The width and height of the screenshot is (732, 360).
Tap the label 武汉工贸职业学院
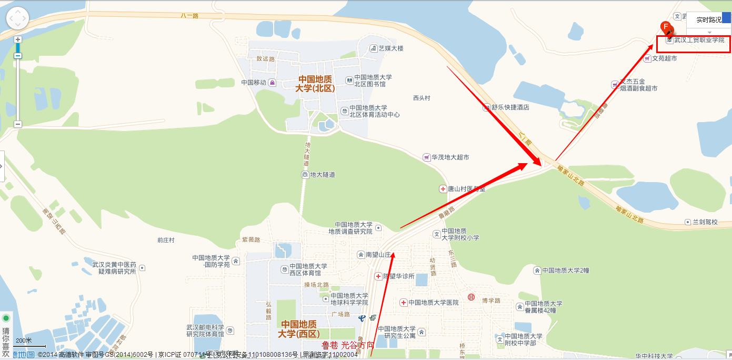click(x=699, y=40)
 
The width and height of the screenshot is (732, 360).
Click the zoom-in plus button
click(x=18, y=39)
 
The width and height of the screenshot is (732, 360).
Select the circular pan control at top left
click(x=17, y=19)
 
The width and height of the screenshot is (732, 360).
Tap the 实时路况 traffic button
click(x=708, y=19)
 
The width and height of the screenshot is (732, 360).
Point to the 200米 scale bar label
click(x=24, y=341)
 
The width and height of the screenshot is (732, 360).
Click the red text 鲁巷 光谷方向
click(x=348, y=345)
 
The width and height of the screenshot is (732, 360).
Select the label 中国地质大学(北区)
click(x=317, y=84)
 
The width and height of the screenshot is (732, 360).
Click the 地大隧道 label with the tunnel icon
click(x=322, y=175)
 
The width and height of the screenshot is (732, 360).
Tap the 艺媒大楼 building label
click(x=390, y=48)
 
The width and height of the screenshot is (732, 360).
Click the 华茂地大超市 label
click(x=450, y=157)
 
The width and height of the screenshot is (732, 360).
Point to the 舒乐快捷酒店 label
click(x=510, y=107)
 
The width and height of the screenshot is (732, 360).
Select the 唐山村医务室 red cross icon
click(x=443, y=188)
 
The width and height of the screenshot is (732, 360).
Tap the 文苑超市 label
click(x=664, y=58)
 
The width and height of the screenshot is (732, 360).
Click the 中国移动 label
click(x=254, y=83)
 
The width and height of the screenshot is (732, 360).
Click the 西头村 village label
click(x=422, y=98)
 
